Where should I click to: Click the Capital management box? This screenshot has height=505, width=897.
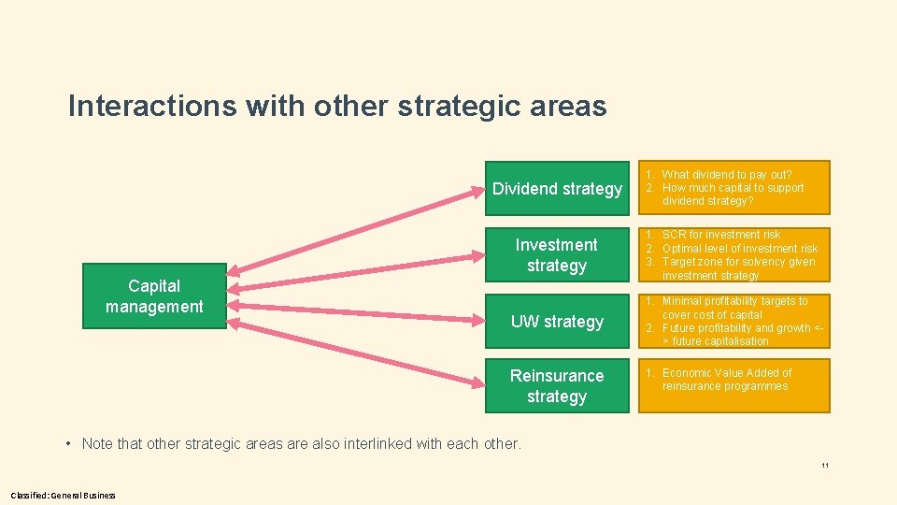[x=154, y=296]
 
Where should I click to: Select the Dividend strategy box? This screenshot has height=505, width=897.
[x=557, y=189]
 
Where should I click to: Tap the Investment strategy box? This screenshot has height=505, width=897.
[x=557, y=254]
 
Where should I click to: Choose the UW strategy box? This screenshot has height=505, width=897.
[x=557, y=322]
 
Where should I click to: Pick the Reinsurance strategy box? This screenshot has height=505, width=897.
[x=557, y=385]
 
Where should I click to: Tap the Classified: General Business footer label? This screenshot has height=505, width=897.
[x=64, y=495]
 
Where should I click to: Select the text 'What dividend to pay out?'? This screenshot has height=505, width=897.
[x=726, y=175]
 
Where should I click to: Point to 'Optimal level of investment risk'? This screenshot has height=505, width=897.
[x=739, y=248]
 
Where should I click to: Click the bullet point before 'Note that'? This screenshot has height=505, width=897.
[x=71, y=443]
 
